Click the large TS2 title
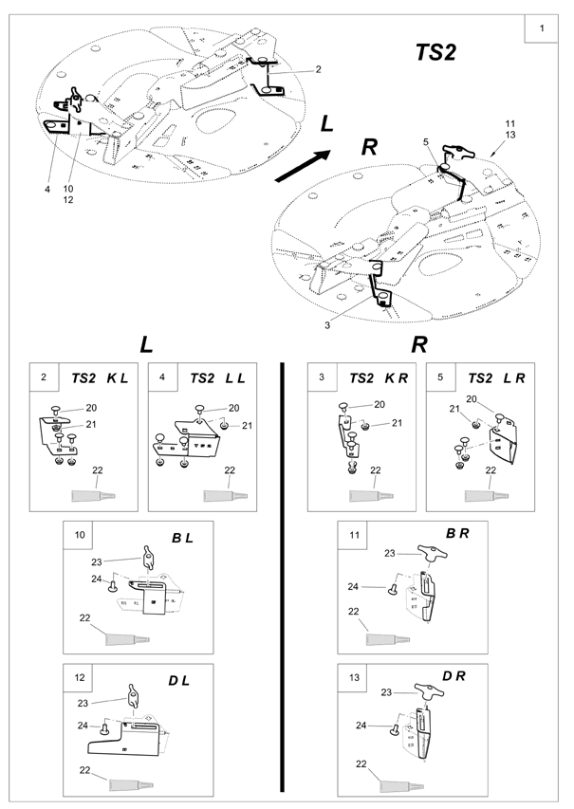(x=435, y=53)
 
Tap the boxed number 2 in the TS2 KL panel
(x=44, y=377)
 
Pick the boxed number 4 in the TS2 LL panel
(x=164, y=377)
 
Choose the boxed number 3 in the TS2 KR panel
(x=323, y=377)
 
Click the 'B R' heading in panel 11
(x=457, y=535)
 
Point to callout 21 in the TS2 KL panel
(x=91, y=424)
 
